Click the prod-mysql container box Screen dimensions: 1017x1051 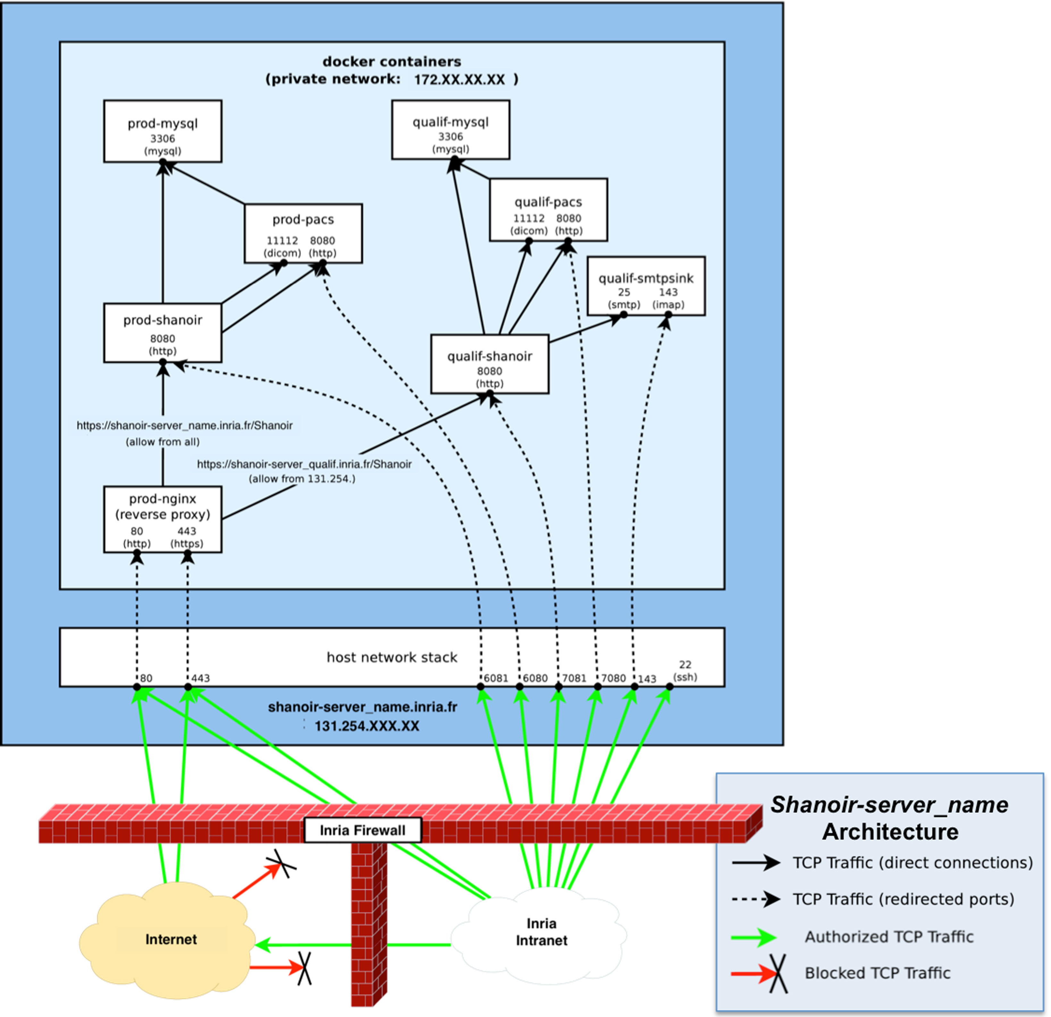(163, 131)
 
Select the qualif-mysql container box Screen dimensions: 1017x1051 (450, 129)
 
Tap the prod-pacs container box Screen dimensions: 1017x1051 (303, 233)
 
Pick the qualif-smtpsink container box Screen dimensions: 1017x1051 (646, 286)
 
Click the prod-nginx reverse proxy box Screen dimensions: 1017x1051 (163, 519)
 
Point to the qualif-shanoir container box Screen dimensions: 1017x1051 (490, 364)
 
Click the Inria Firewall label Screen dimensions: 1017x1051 (363, 830)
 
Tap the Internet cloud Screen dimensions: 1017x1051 (171, 939)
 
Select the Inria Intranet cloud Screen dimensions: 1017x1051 (541, 931)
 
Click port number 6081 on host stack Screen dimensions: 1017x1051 (496, 678)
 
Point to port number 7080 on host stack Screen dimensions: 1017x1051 (613, 678)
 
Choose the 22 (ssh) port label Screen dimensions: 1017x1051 (685, 671)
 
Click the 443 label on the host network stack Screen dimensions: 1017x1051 (200, 678)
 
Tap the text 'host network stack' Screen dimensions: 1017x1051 (392, 657)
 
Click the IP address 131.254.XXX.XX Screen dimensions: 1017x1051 (367, 726)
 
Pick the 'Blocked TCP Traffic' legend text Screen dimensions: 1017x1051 (877, 972)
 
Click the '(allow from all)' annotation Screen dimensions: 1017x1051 (163, 442)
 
